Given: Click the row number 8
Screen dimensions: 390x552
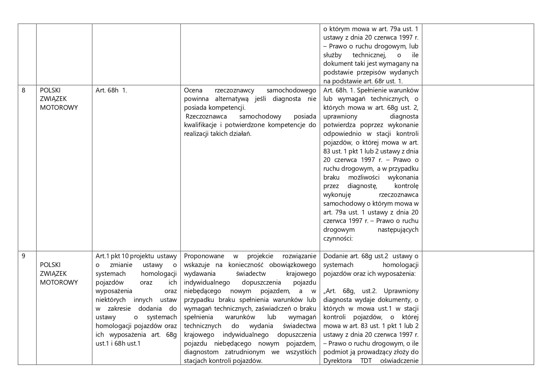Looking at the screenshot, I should [24, 91].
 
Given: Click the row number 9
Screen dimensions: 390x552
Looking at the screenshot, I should [24, 256].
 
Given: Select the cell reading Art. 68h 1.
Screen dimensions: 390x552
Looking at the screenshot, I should [111, 91].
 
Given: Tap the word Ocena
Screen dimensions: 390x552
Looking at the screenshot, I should [193, 91].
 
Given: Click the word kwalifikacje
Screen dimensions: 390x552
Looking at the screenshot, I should [200, 125].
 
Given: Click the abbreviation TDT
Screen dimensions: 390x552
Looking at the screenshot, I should [366, 361].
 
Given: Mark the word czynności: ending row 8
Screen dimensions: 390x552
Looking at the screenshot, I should [338, 238].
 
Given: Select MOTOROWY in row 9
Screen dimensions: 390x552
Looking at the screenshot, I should [59, 282].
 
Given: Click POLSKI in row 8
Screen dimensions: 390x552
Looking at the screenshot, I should [50, 91].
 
